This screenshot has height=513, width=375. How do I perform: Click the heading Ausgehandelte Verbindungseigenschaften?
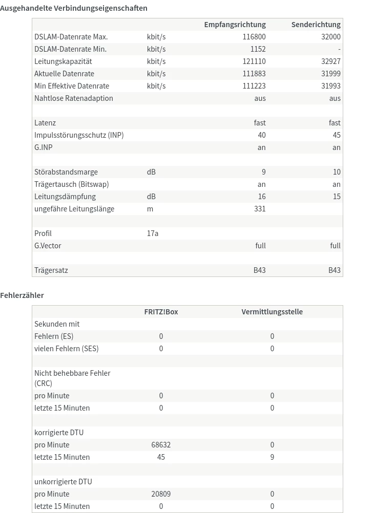(74, 8)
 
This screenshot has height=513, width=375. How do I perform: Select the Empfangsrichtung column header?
(235, 25)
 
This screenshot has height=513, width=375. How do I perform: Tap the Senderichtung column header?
(316, 25)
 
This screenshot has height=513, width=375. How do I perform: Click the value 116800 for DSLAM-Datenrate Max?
(254, 37)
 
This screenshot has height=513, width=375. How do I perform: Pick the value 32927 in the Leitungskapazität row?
(330, 61)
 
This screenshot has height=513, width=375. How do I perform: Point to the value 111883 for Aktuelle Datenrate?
(254, 74)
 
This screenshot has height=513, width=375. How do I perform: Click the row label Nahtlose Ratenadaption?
(74, 98)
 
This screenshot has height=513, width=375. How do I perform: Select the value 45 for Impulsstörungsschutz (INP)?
(336, 135)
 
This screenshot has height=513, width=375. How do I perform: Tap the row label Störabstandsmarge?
(66, 172)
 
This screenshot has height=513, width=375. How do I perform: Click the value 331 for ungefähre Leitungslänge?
(260, 209)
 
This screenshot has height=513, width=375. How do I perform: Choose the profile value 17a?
(153, 233)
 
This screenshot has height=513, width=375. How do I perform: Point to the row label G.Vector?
(48, 246)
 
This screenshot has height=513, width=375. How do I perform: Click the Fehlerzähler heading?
(22, 295)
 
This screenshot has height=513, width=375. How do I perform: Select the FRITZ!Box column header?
(161, 312)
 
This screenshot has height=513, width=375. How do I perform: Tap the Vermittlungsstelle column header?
(272, 312)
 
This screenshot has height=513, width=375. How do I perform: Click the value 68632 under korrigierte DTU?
(161, 445)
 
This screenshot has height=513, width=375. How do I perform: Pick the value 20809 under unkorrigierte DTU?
(161, 494)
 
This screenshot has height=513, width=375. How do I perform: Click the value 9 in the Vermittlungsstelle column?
(272, 457)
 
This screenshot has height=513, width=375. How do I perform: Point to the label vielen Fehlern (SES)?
(67, 349)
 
